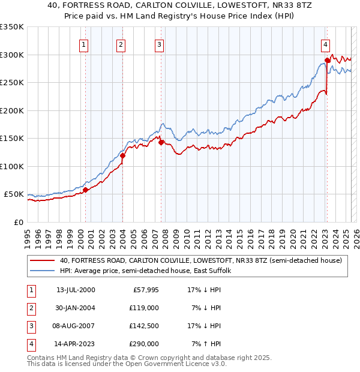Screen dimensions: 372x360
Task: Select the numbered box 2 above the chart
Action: (x=121, y=44)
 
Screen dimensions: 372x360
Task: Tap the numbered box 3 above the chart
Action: (x=159, y=44)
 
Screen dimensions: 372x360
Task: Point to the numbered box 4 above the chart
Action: (x=325, y=44)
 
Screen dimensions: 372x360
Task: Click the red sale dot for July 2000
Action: (x=85, y=190)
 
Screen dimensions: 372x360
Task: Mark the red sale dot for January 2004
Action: (x=122, y=156)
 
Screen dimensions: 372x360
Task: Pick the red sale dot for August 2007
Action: (x=161, y=143)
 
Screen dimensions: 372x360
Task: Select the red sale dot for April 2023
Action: (x=328, y=60)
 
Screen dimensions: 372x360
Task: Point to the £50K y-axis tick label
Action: (x=14, y=194)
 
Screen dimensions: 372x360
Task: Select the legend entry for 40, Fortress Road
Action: (x=201, y=260)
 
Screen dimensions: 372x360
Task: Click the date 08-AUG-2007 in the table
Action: (x=76, y=326)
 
